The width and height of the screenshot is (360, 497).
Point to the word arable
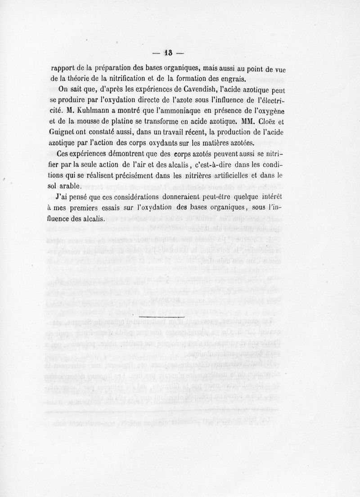click(x=71, y=185)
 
